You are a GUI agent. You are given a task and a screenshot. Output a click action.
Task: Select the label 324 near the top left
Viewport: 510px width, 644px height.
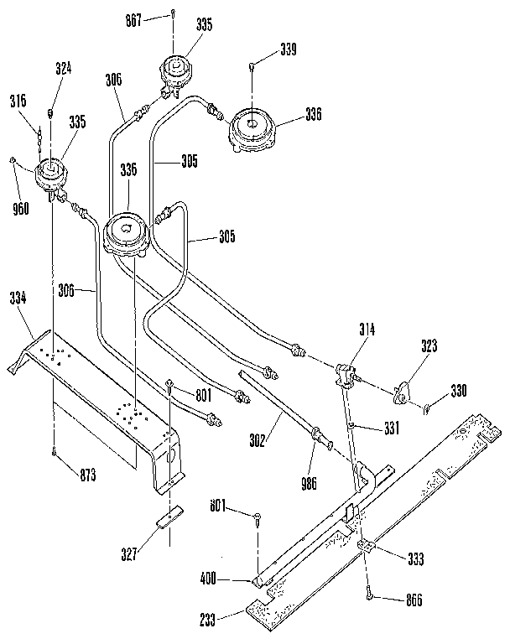pos(63,70)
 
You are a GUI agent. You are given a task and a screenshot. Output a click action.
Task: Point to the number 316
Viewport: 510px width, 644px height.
pos(18,101)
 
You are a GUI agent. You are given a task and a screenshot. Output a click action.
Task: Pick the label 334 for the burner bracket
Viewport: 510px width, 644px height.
pos(18,297)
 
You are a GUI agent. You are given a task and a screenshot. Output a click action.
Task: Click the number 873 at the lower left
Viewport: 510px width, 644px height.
pos(86,476)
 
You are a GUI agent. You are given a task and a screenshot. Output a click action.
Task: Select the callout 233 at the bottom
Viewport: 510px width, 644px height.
pos(208,621)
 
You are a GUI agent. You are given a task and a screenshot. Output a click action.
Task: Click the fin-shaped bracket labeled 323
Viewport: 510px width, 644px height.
pos(405,391)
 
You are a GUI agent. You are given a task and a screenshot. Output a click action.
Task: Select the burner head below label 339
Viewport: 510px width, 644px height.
pos(252,126)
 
